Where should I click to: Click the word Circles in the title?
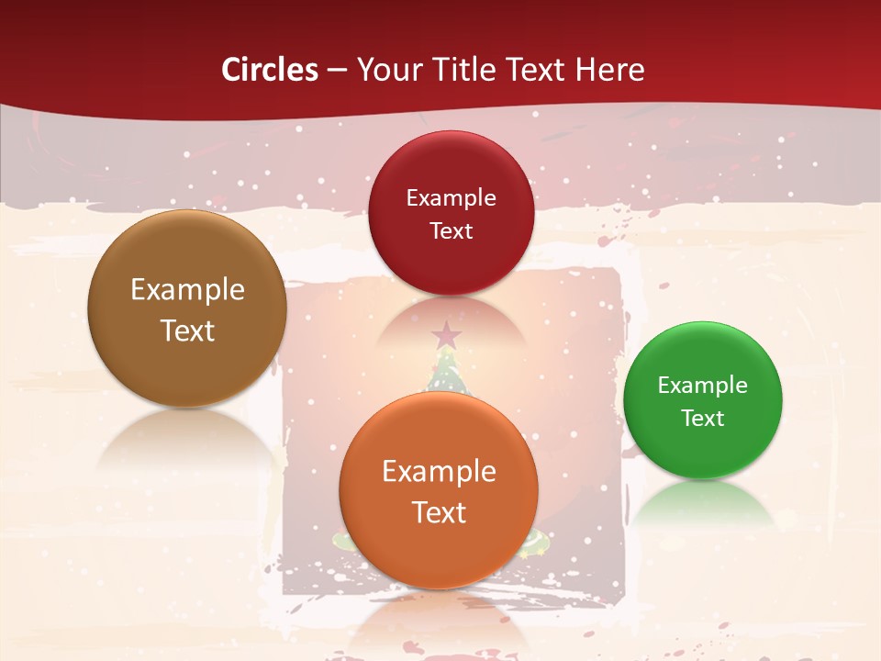coord(270,70)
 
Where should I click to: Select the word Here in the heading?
coord(610,70)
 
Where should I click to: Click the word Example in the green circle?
coord(702,385)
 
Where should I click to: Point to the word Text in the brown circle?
coord(187,330)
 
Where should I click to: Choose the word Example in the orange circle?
coord(439,471)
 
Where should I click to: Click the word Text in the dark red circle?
coord(451,230)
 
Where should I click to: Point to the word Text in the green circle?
coord(703,418)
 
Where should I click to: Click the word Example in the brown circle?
coord(187,289)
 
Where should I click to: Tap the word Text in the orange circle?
coord(439,512)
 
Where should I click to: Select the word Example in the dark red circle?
coord(451,197)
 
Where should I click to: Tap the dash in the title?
coord(337,71)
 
